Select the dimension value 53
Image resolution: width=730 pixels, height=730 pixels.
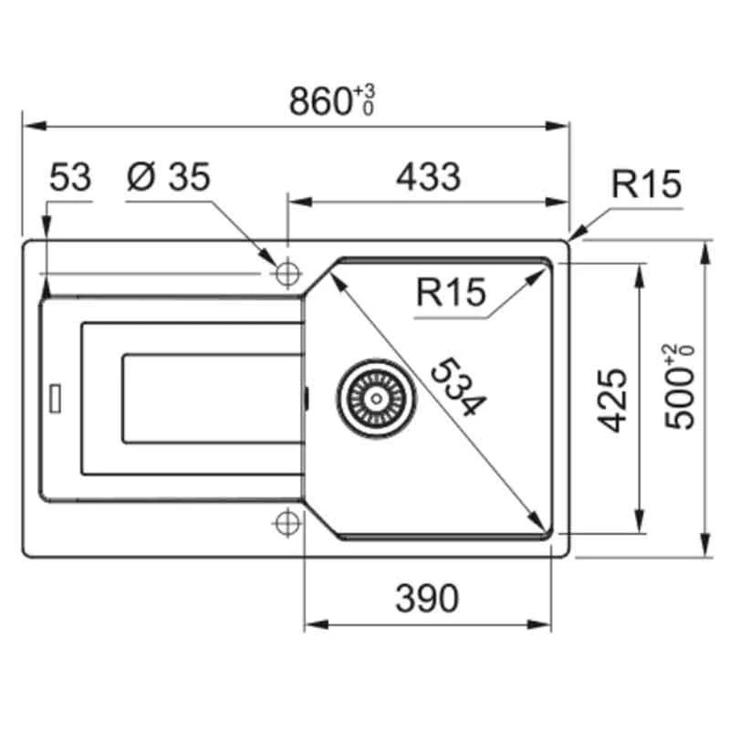pos(70,177)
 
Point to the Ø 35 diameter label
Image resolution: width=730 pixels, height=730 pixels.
pos(169,177)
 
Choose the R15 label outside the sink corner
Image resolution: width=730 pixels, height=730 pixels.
pos(646,185)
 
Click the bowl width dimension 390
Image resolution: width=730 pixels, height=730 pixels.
pos(427,599)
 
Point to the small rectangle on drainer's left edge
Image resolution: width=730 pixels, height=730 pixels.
pos(56,397)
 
